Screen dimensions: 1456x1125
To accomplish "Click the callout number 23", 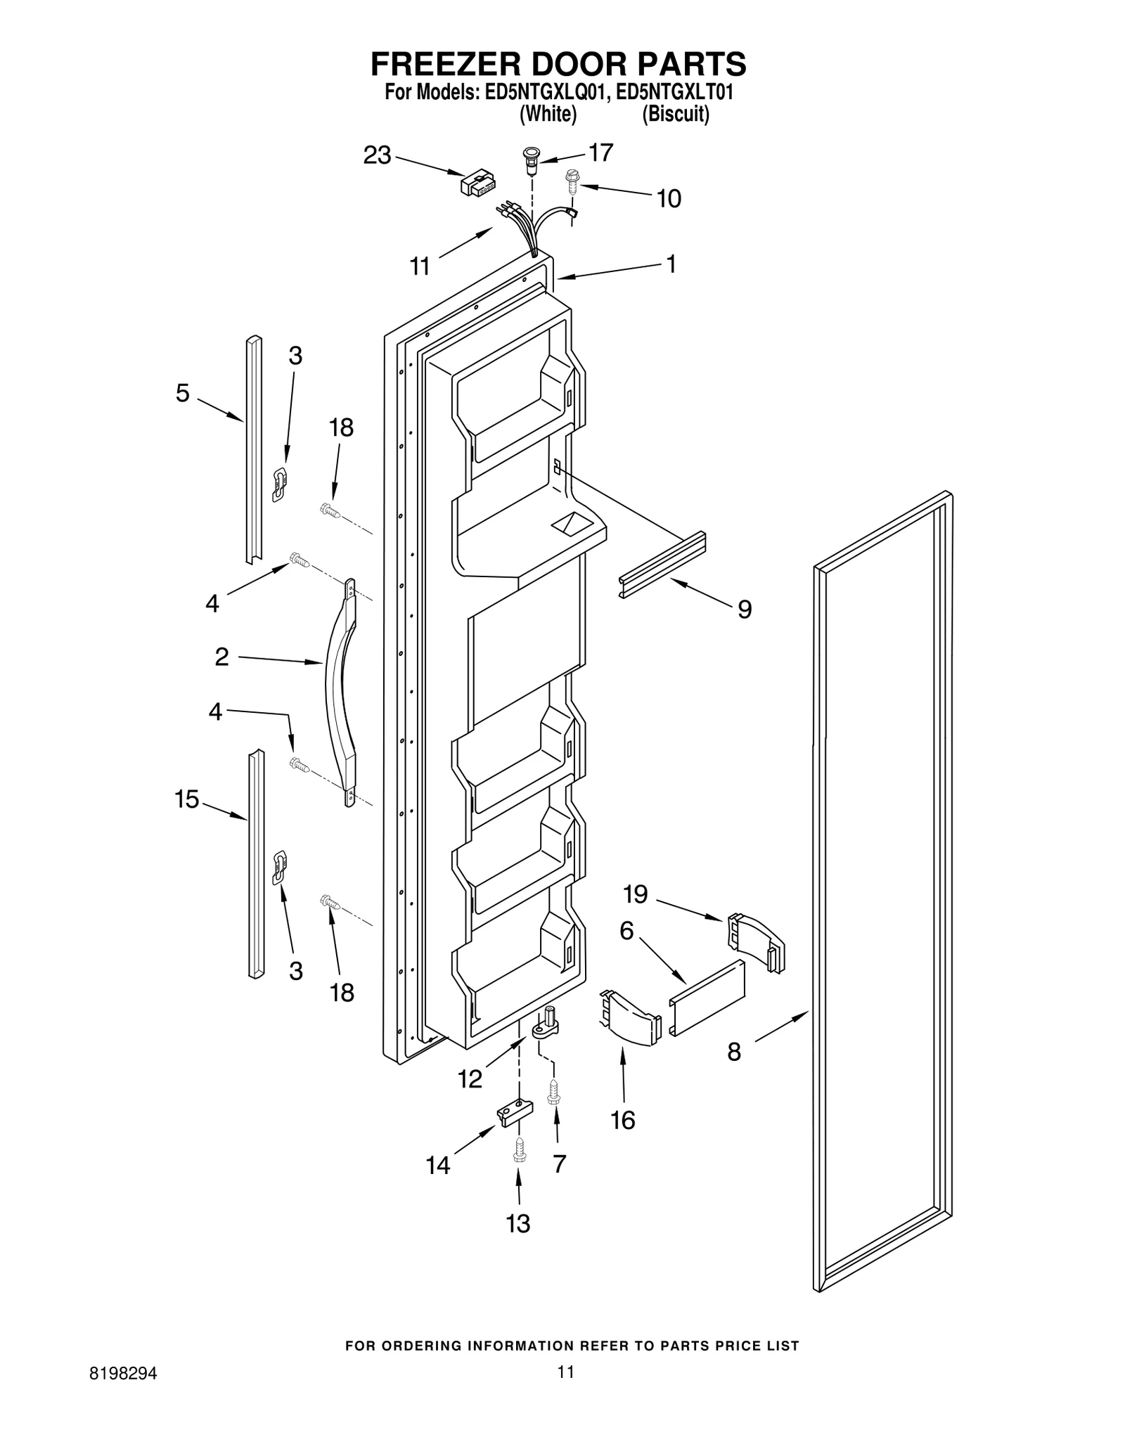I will pyautogui.click(x=377, y=155).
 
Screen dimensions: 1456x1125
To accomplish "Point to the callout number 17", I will pyautogui.click(x=600, y=153).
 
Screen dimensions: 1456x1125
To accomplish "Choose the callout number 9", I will pyautogui.click(x=745, y=609).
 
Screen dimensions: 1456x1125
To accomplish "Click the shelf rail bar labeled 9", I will pyautogui.click(x=662, y=565).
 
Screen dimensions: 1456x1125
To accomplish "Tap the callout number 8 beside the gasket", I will pyautogui.click(x=734, y=1052).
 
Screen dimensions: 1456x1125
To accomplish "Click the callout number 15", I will pyautogui.click(x=187, y=799).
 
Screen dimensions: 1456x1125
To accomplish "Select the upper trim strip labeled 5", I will pyautogui.click(x=253, y=450).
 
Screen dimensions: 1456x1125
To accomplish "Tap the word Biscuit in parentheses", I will pyautogui.click(x=675, y=114).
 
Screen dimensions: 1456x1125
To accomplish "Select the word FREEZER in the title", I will pyautogui.click(x=450, y=65).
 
